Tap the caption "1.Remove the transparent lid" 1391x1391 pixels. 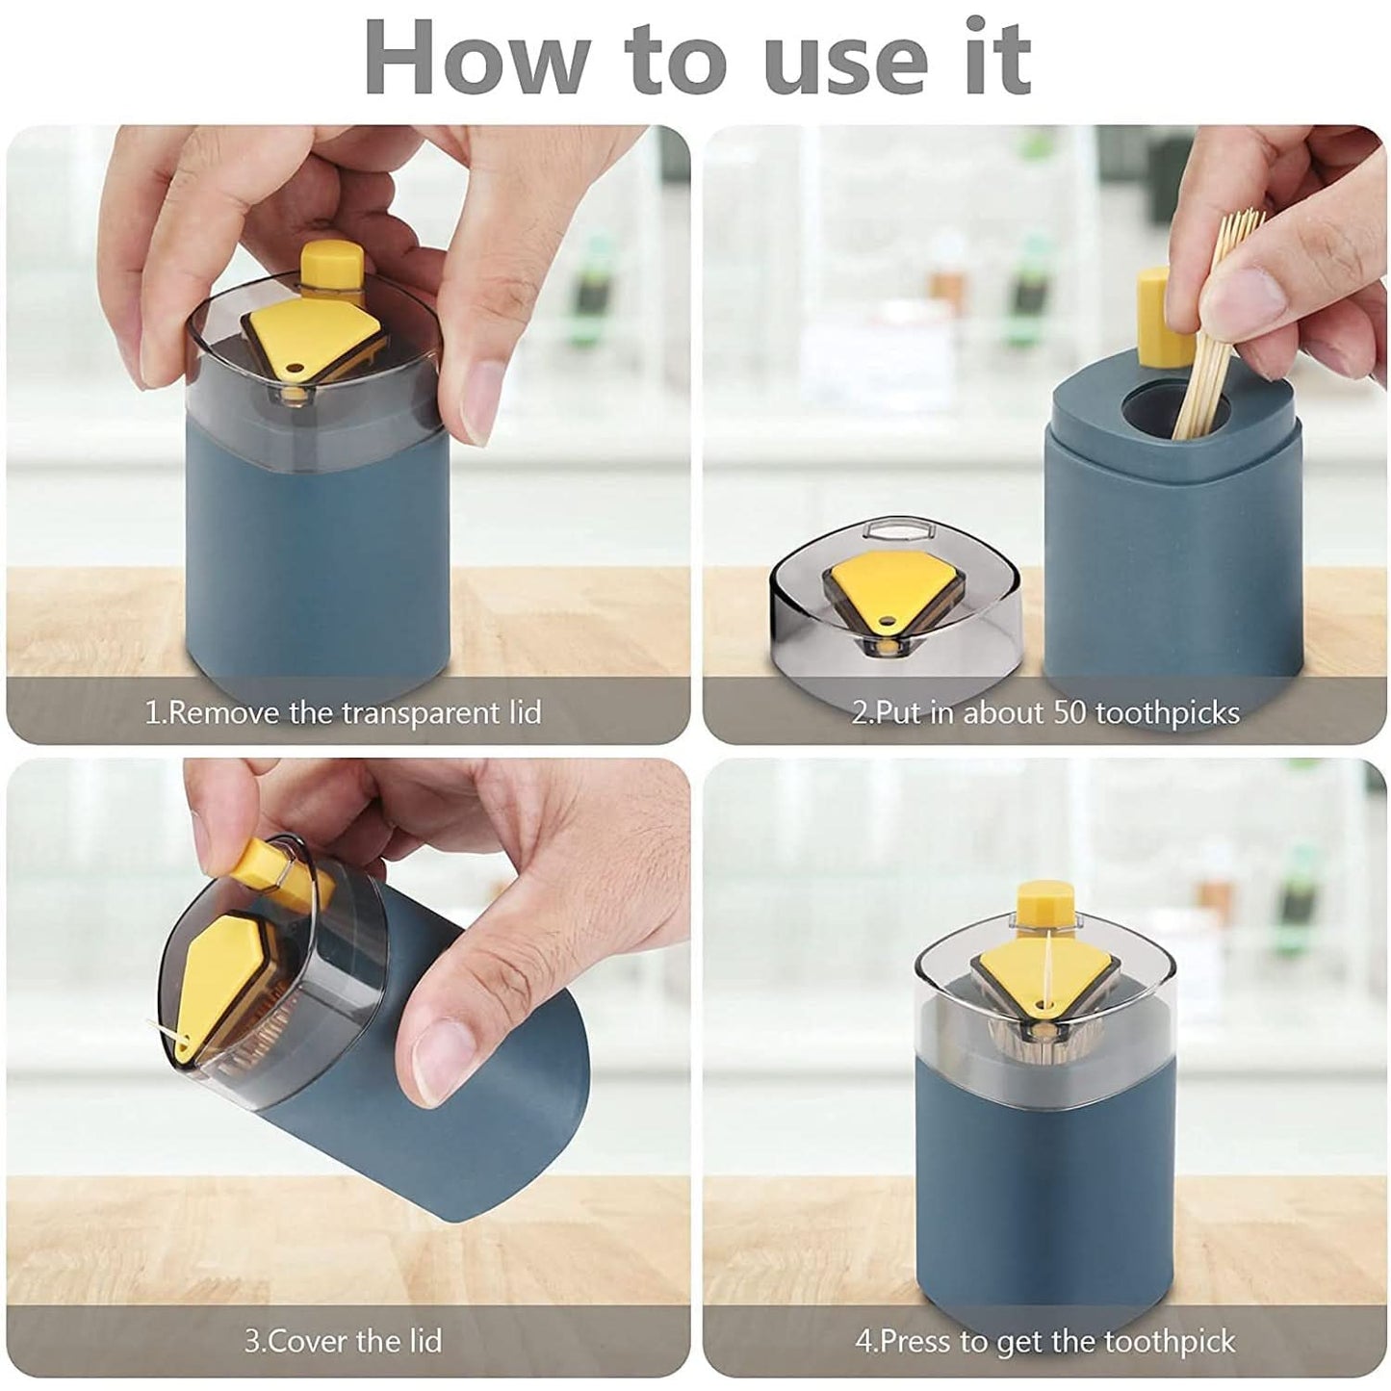coord(343,713)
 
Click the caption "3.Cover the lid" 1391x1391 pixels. coord(343,1340)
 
